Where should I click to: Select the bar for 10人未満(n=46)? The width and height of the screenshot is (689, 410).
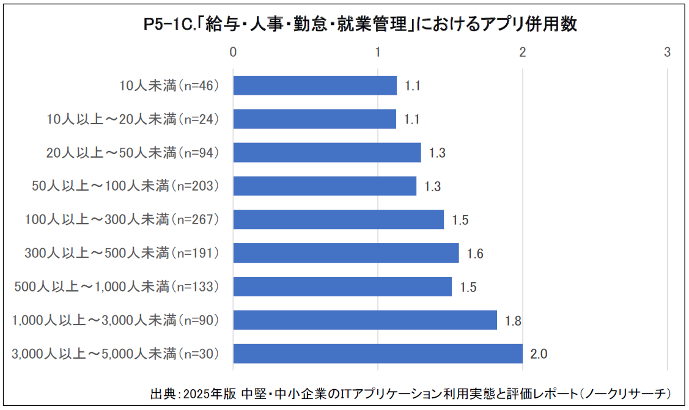pyautogui.click(x=315, y=86)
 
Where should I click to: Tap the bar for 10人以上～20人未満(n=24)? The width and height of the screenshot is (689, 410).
pyautogui.click(x=315, y=119)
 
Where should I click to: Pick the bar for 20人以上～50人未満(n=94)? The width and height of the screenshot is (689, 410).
pyautogui.click(x=327, y=153)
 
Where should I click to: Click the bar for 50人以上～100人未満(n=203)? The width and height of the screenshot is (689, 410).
pyautogui.click(x=325, y=186)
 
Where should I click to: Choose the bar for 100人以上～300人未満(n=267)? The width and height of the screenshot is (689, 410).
pyautogui.click(x=339, y=219)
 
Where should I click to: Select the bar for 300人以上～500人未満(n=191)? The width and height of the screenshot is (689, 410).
pyautogui.click(x=346, y=253)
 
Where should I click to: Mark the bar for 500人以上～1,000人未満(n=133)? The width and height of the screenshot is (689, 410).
pyautogui.click(x=342, y=287)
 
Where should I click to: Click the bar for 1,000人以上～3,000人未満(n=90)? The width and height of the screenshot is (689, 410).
pyautogui.click(x=365, y=320)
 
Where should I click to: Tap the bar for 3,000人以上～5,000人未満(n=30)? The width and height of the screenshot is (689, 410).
pyautogui.click(x=378, y=354)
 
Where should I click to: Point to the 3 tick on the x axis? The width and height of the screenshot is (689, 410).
pyautogui.click(x=667, y=53)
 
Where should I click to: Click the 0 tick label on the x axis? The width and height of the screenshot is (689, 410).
pyautogui.click(x=233, y=53)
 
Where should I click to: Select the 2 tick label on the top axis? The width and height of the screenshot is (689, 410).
pyautogui.click(x=522, y=53)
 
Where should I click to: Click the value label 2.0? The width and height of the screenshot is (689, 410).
pyautogui.click(x=539, y=354)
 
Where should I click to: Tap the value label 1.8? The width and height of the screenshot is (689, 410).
pyautogui.click(x=513, y=321)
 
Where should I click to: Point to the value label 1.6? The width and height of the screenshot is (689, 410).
pyautogui.click(x=475, y=254)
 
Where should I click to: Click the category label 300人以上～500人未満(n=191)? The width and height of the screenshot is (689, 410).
pyautogui.click(x=122, y=253)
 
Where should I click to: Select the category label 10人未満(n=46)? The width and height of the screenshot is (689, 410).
pyautogui.click(x=169, y=86)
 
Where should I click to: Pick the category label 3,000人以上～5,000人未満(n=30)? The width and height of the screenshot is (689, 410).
pyautogui.click(x=115, y=354)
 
